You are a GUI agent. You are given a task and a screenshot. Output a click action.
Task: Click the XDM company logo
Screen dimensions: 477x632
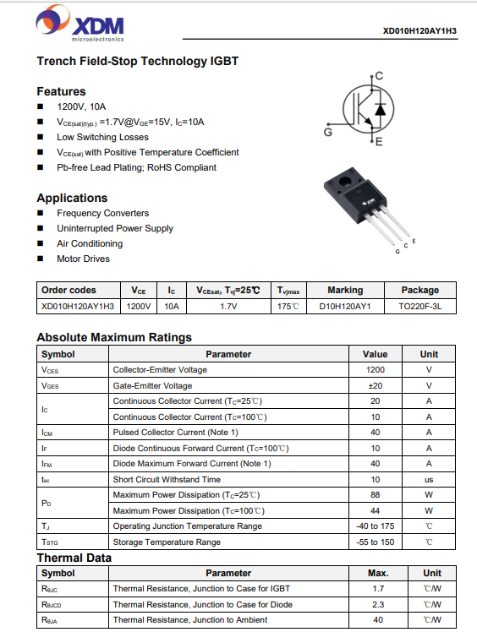(x=79, y=24)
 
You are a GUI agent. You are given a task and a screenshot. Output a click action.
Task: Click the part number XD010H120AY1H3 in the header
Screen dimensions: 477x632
(x=419, y=31)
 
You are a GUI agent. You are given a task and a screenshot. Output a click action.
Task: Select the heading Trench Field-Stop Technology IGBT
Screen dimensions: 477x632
(x=138, y=62)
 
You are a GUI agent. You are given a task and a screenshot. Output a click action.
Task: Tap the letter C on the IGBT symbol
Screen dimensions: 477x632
(x=379, y=76)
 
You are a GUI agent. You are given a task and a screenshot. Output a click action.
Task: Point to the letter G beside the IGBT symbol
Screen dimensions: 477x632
(x=328, y=132)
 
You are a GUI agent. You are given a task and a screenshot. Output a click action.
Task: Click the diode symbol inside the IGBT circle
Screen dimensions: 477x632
(x=380, y=109)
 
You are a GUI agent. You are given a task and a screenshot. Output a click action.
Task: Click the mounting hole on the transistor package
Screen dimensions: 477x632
(x=345, y=181)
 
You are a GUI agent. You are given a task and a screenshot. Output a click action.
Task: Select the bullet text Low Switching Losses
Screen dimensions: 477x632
(x=102, y=137)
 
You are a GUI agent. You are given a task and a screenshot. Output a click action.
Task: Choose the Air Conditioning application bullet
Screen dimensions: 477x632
(x=90, y=243)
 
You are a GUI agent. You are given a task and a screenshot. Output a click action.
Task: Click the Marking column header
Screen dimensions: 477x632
(x=345, y=290)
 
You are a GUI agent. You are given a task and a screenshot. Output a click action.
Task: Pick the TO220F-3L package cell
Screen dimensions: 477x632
(x=420, y=307)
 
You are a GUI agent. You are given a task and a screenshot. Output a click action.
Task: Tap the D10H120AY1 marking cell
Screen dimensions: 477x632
(x=345, y=307)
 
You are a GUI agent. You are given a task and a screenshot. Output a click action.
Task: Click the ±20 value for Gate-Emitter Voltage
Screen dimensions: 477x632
(x=376, y=386)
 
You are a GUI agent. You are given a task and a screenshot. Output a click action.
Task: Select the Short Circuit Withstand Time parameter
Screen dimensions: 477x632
(x=167, y=480)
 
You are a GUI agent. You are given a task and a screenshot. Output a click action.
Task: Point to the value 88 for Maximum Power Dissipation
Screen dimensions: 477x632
(x=376, y=495)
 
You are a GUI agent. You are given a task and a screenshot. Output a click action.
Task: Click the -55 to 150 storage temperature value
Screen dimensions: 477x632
(x=376, y=542)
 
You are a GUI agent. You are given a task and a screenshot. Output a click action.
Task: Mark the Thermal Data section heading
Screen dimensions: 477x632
(x=74, y=558)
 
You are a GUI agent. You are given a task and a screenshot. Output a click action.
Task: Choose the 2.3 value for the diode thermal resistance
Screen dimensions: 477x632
(x=378, y=605)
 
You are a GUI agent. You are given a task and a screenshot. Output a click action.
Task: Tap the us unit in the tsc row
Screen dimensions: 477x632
(x=429, y=480)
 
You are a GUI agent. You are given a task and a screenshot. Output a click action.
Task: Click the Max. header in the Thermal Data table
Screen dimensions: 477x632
(x=378, y=573)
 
